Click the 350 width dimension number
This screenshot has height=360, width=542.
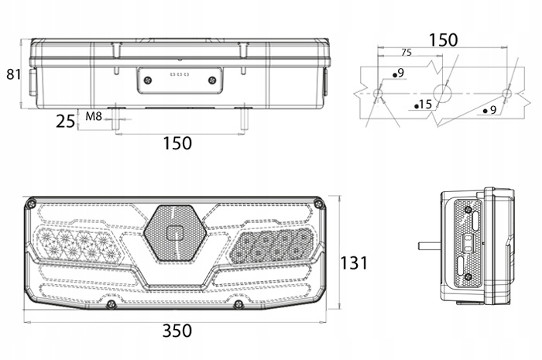pyautogui.click(x=177, y=331)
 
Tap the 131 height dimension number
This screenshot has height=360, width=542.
pyautogui.click(x=354, y=263)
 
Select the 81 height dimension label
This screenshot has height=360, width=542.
pyautogui.click(x=14, y=74)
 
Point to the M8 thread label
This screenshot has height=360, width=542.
pyautogui.click(x=94, y=116)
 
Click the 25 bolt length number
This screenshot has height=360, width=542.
pyautogui.click(x=65, y=122)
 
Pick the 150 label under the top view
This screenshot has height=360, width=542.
pyautogui.click(x=177, y=143)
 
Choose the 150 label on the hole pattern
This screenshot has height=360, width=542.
pyautogui.click(x=443, y=40)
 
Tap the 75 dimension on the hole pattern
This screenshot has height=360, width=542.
pyautogui.click(x=406, y=53)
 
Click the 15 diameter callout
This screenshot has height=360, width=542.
pyautogui.click(x=424, y=104)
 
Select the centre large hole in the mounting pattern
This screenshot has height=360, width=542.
pyautogui.click(x=443, y=93)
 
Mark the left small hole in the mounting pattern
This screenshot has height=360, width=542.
pyautogui.click(x=378, y=93)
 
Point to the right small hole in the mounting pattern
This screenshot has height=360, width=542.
pyautogui.click(x=507, y=93)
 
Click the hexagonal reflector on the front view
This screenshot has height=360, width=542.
pyautogui.click(x=175, y=233)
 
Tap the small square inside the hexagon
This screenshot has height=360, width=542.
pyautogui.click(x=175, y=233)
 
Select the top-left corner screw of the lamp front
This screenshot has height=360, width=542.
pyautogui.click(x=32, y=204)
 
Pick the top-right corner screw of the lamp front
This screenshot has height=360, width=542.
pyautogui.click(x=318, y=204)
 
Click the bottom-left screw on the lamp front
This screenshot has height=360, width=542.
pyautogui.click(x=111, y=304)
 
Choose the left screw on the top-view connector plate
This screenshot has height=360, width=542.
pyautogui.click(x=148, y=81)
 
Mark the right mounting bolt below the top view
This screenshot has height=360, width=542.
pyautogui.click(x=245, y=119)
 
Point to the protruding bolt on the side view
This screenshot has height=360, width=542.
pyautogui.click(x=430, y=245)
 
